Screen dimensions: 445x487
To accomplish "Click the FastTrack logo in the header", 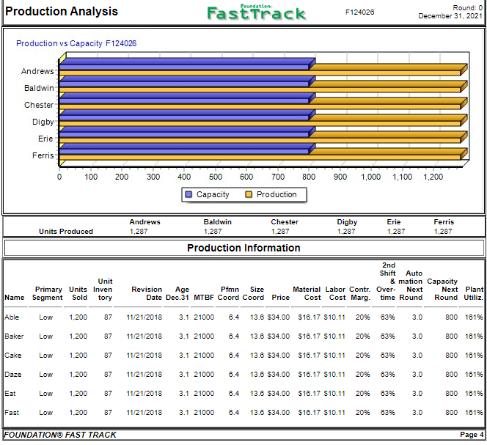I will (257, 12).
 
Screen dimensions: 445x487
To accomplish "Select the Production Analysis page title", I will (62, 12).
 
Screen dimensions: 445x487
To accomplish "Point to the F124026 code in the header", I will (359, 12).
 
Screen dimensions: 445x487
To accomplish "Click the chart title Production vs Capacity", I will (76, 43).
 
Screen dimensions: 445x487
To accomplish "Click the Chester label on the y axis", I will (39, 105).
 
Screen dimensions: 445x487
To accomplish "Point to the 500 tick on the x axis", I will (216, 177).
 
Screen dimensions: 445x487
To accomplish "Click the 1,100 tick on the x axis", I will (402, 177).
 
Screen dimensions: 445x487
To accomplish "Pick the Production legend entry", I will (271, 195).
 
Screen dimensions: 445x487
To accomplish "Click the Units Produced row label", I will (66, 232).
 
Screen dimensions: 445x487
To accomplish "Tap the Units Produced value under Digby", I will (346, 232).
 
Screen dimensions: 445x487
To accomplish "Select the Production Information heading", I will (243, 248).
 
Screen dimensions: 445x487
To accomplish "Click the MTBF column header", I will (203, 298).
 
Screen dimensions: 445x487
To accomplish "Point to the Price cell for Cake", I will (279, 356).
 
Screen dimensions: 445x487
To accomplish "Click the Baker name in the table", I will (14, 336).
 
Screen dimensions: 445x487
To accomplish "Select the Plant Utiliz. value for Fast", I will (474, 413).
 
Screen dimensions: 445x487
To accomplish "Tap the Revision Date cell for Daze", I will (144, 375).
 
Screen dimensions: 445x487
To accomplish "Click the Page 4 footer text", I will (471, 435).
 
